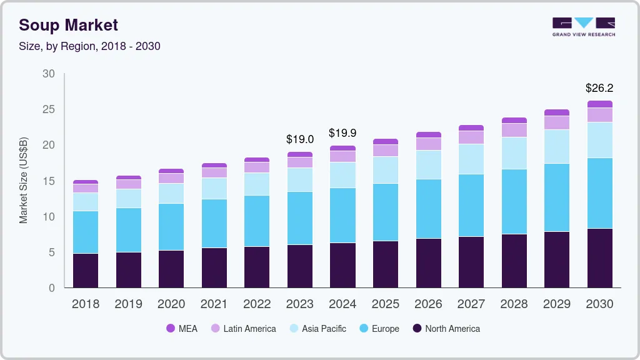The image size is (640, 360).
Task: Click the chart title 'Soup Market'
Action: [68, 25]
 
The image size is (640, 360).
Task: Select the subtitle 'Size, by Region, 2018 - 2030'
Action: [89, 46]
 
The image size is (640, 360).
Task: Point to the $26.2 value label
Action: [599, 88]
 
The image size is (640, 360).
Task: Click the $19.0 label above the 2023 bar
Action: [299, 139]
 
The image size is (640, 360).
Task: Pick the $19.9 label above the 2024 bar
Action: [342, 133]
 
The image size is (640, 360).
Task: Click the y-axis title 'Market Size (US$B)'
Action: [23, 181]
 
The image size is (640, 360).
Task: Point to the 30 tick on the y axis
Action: [48, 74]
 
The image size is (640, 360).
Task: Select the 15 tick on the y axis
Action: [48, 181]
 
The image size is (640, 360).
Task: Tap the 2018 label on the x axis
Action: [86, 304]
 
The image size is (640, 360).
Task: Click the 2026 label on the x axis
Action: [428, 304]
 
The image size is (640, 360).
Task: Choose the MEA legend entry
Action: [182, 329]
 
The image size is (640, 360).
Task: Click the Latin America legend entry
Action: [243, 329]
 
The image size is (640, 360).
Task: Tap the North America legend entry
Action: [446, 329]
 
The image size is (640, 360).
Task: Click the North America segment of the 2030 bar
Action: [599, 258]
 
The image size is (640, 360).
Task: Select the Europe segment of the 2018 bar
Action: [86, 232]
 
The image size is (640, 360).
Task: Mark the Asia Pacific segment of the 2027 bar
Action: [471, 159]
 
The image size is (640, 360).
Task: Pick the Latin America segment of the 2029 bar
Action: [556, 122]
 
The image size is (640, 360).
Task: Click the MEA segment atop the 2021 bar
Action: [214, 166]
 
